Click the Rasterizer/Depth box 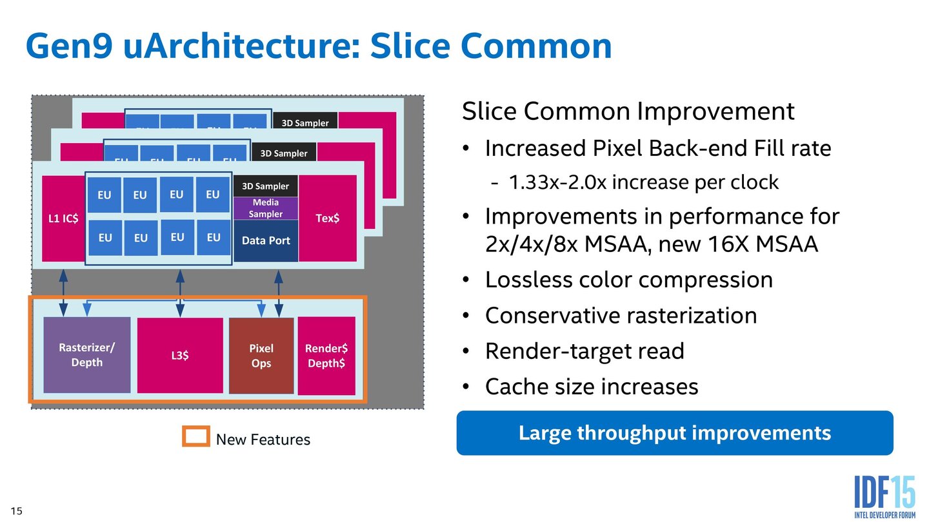click(x=86, y=354)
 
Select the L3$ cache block click(x=180, y=355)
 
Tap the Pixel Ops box click(x=261, y=355)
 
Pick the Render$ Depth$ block click(x=326, y=355)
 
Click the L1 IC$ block click(x=63, y=218)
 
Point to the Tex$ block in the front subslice click(x=327, y=218)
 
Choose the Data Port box click(x=266, y=240)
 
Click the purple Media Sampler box click(x=266, y=208)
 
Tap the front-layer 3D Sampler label click(x=266, y=186)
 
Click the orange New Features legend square click(x=195, y=437)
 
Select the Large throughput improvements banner click(x=674, y=433)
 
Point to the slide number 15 click(x=16, y=511)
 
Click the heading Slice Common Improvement click(x=628, y=111)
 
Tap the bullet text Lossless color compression click(x=628, y=280)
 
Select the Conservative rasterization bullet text click(x=621, y=316)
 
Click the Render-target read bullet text click(x=584, y=351)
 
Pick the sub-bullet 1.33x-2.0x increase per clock click(x=643, y=182)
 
